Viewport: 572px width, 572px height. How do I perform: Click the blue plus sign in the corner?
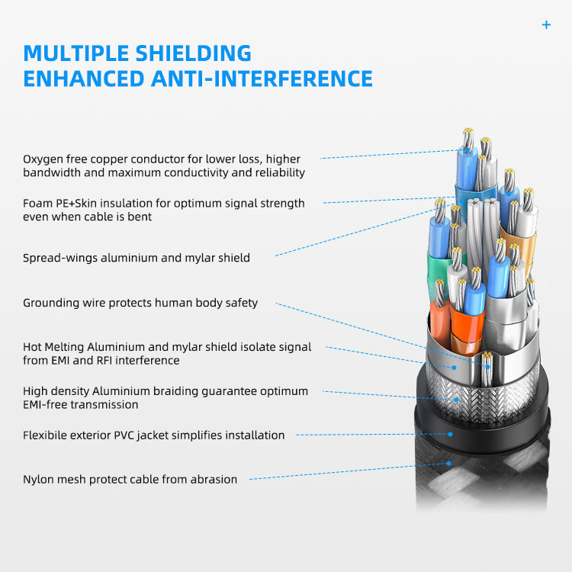pyautogui.click(x=546, y=25)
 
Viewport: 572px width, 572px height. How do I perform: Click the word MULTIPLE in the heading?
pyautogui.click(x=76, y=53)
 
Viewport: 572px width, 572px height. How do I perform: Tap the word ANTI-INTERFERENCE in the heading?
pyautogui.click(x=262, y=79)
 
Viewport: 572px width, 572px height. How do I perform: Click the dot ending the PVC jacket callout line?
pyautogui.click(x=450, y=434)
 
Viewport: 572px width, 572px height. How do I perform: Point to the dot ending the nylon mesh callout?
pyautogui.click(x=448, y=464)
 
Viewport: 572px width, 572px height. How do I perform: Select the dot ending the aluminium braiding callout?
pyautogui.click(x=456, y=400)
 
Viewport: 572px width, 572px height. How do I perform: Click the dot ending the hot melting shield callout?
pyautogui.click(x=454, y=368)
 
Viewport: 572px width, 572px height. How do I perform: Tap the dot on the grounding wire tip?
pyautogui.click(x=487, y=366)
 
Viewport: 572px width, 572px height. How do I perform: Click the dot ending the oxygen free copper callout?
pyautogui.click(x=467, y=149)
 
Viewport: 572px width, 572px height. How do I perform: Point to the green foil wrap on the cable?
pyautogui.click(x=438, y=270)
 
